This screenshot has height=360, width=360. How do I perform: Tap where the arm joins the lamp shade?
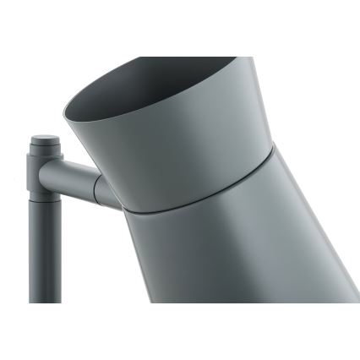click(117, 196)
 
